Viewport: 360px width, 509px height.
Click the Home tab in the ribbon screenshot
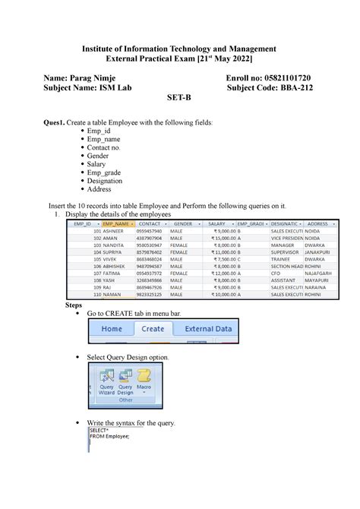click(112, 329)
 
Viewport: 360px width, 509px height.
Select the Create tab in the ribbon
click(153, 329)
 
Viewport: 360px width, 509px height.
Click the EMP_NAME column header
click(118, 224)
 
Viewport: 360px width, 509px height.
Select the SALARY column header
click(217, 224)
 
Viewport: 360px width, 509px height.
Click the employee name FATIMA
click(114, 273)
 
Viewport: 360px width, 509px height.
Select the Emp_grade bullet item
click(105, 172)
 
